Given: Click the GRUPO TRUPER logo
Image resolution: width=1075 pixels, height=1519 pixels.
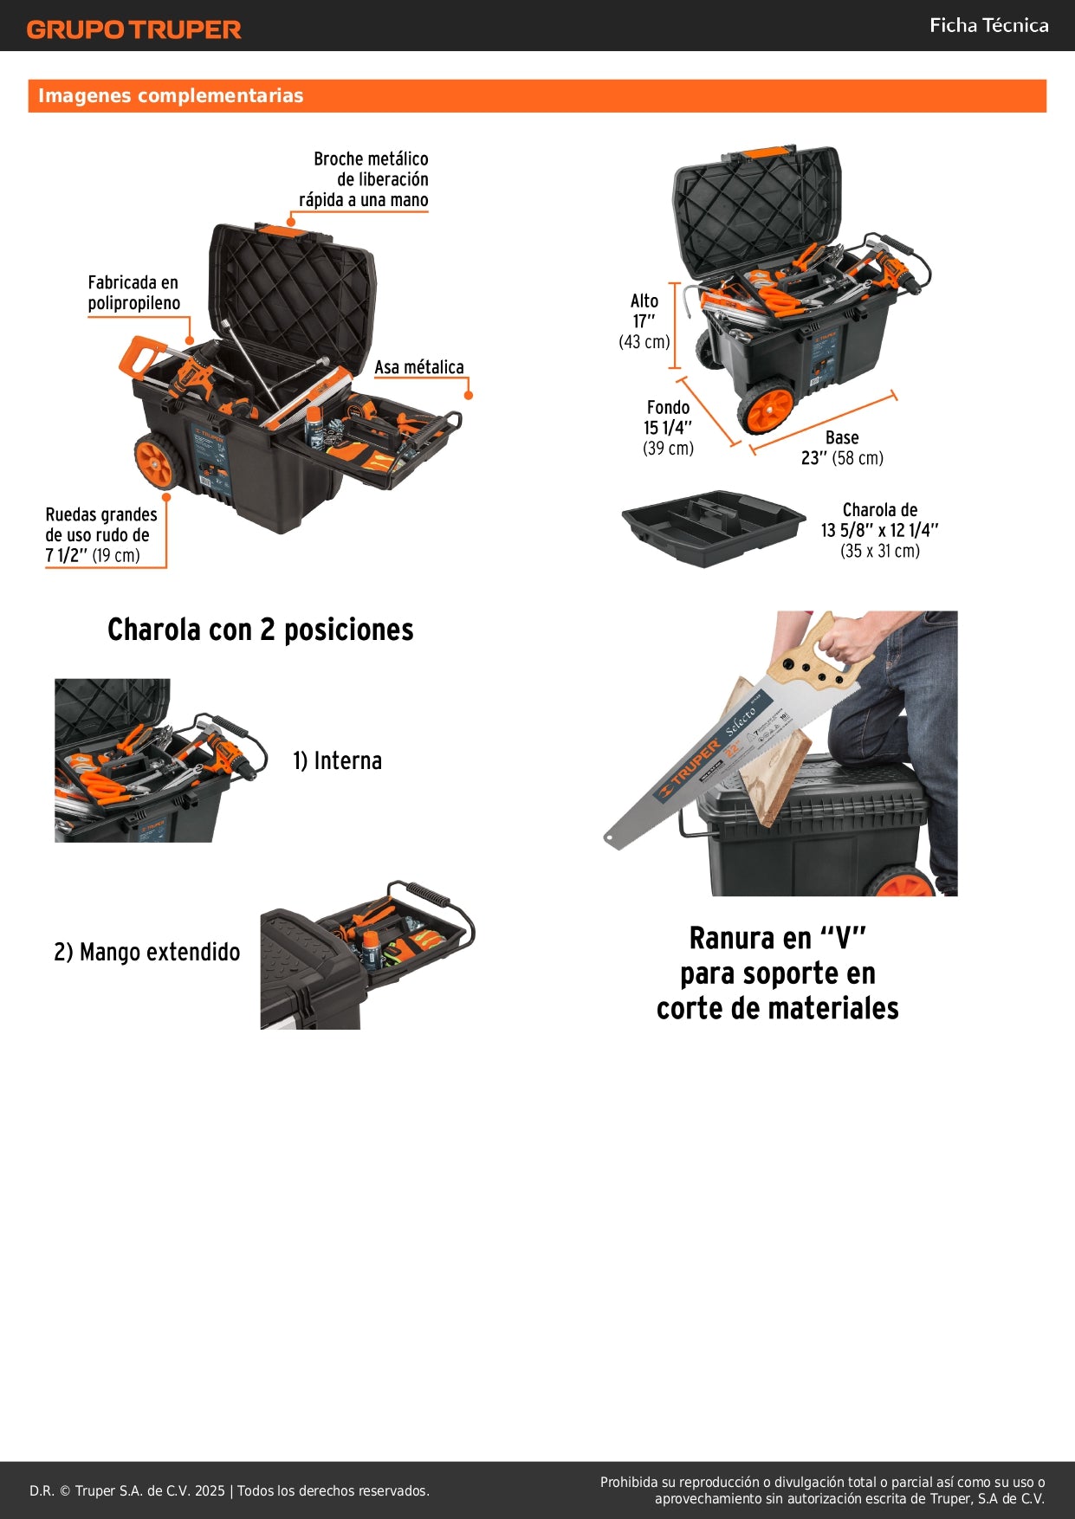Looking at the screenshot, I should [133, 29].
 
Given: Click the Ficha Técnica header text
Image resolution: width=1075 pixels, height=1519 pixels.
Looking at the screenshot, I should [988, 25].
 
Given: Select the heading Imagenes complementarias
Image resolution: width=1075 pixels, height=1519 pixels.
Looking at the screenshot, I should [171, 96].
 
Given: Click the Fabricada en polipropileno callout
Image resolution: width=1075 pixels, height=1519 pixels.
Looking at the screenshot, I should [133, 293].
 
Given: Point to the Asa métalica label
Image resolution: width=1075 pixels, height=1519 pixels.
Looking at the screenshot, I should [419, 367].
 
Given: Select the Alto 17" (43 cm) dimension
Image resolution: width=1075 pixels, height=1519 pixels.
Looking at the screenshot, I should [644, 321].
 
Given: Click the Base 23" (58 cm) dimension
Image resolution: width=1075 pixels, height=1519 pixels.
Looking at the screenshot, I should [841, 448].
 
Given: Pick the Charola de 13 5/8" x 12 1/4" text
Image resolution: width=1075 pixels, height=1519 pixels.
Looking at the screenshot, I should [879, 530].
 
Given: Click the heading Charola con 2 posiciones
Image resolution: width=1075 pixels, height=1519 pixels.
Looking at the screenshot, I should [260, 630].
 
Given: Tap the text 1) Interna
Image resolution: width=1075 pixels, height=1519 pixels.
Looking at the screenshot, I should [337, 760].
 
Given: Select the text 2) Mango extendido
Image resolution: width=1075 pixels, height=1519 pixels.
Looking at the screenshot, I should [147, 952].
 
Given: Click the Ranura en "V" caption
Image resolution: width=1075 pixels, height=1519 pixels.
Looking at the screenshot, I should [777, 973].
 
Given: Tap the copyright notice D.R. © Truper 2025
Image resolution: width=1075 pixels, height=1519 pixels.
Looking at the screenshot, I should [230, 1490].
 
